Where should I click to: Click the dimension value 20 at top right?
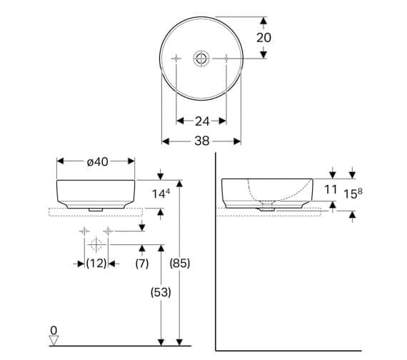pos(263,37)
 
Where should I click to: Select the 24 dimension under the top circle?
pos(202,121)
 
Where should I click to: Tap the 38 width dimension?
pos(202,141)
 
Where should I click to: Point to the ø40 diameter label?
pos(97,162)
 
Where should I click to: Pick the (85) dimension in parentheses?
pos(181,263)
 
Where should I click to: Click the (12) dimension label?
pos(96,263)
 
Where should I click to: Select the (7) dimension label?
pos(141,263)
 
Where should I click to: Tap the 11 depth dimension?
pos(331,189)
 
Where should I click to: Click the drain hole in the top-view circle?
pos(202,57)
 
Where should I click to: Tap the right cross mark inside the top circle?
pos(227,57)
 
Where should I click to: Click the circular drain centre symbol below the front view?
pos(96,244)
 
